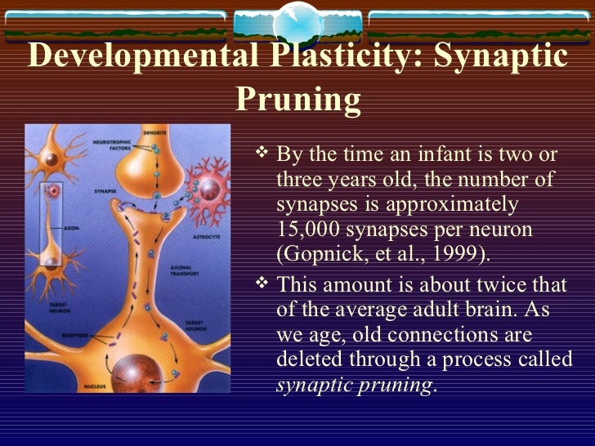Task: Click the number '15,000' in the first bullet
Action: click(x=311, y=230)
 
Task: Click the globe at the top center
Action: click(x=297, y=22)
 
